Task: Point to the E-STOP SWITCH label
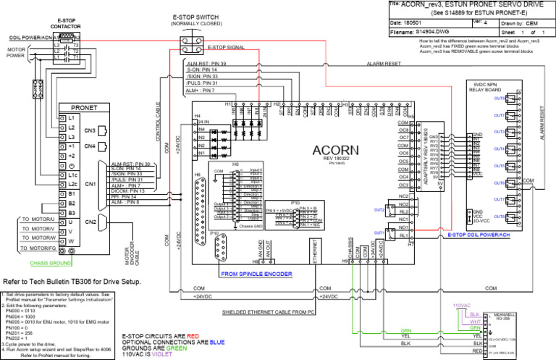(x=198, y=17)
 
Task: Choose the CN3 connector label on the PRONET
(x=90, y=130)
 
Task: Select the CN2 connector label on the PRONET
(x=90, y=221)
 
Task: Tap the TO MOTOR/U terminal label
(x=39, y=218)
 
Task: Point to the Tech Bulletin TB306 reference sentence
(x=72, y=281)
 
